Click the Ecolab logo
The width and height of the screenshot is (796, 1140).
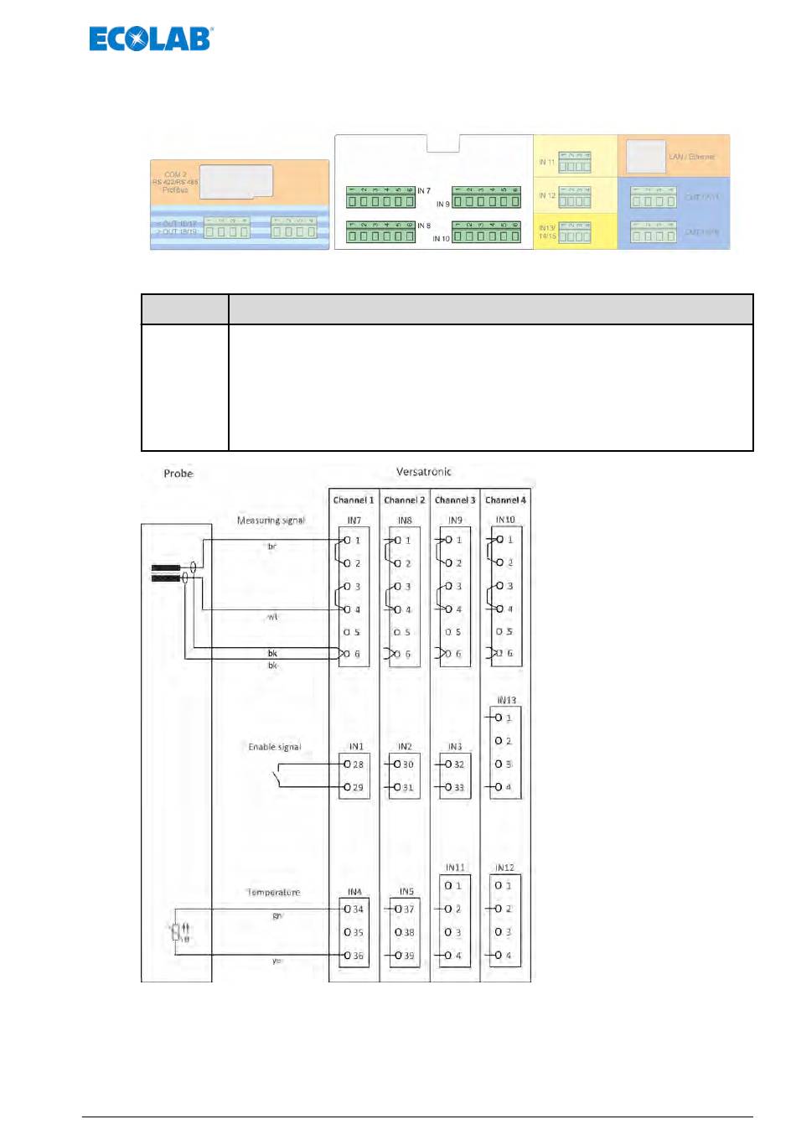[151, 39]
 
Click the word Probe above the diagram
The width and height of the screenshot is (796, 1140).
[178, 474]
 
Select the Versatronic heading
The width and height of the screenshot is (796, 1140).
[423, 472]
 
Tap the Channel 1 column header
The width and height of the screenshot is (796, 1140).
[354, 500]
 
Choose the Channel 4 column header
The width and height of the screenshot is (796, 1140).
[505, 500]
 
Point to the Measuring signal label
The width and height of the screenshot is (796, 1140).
[271, 521]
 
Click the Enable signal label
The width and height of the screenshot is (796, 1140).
[274, 747]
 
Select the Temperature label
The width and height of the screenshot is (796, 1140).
[273, 892]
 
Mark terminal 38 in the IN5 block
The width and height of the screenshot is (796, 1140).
[405, 932]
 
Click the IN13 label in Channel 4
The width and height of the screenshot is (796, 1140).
[506, 700]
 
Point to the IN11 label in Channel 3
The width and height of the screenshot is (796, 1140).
[455, 868]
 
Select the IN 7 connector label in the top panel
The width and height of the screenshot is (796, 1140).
[424, 191]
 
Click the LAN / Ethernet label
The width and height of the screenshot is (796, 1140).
[691, 157]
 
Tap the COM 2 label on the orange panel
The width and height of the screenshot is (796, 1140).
[175, 175]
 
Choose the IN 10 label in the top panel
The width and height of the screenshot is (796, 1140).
[441, 239]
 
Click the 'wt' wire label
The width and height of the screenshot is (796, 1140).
[272, 617]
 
